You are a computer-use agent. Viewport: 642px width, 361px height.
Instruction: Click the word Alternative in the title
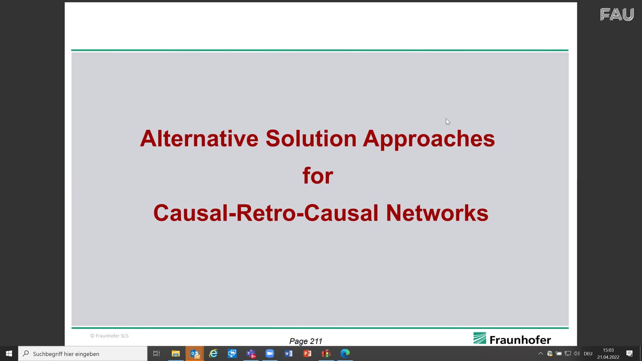(x=199, y=139)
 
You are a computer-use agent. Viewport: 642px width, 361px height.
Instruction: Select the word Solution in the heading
(x=311, y=139)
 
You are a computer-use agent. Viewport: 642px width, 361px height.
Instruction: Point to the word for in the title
(x=318, y=176)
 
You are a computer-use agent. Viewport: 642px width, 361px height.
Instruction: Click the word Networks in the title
(x=437, y=213)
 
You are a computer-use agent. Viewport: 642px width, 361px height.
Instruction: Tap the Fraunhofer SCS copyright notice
(x=109, y=336)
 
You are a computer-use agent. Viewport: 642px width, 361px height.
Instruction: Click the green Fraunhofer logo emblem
(x=480, y=338)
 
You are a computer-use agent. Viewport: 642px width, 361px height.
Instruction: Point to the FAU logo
(x=617, y=14)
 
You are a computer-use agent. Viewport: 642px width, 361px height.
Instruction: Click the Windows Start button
(x=9, y=353)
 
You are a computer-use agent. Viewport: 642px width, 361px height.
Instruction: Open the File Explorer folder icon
(x=176, y=353)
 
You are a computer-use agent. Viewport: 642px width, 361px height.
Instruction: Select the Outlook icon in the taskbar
(x=195, y=353)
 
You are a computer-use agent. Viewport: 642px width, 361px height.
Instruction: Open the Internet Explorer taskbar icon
(x=213, y=353)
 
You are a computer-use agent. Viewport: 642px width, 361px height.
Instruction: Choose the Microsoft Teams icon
(x=251, y=353)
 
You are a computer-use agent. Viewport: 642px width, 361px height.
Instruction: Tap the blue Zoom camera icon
(x=270, y=353)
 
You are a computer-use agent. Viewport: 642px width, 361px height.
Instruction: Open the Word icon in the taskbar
(x=289, y=353)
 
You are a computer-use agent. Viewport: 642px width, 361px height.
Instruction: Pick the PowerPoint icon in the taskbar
(x=307, y=353)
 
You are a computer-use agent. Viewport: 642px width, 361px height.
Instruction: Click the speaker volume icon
(x=577, y=354)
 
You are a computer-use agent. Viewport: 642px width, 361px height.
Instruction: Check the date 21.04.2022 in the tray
(x=608, y=357)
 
